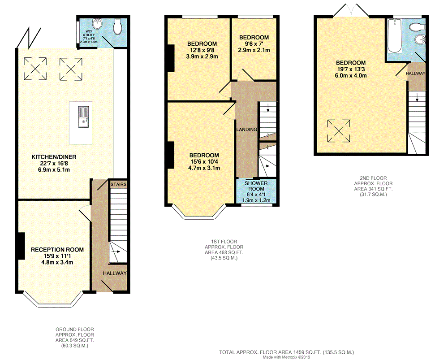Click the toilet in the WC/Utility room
coord(118,27)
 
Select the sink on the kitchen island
coord(84,117)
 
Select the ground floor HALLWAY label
coord(115,273)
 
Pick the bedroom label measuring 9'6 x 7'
coord(254,38)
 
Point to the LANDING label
coord(247,130)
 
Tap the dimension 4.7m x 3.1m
coord(203,168)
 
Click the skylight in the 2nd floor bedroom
coord(338,130)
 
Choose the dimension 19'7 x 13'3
coord(351,69)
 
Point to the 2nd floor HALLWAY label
coord(415,73)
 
